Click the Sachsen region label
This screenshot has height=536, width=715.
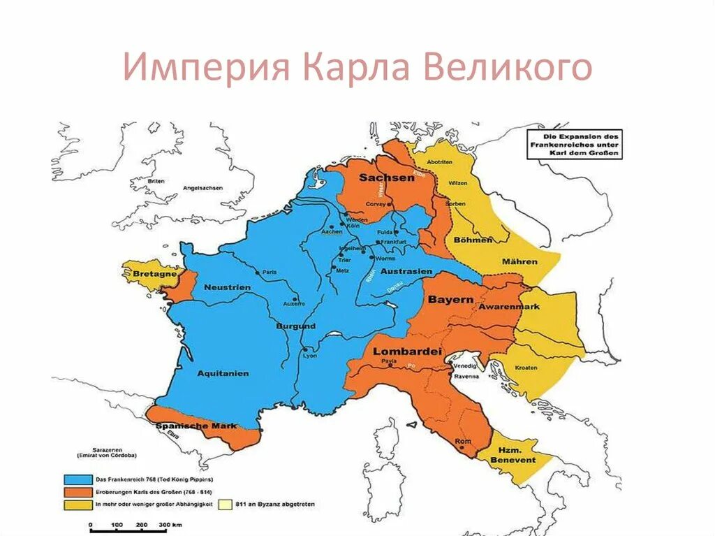pyautogui.click(x=387, y=178)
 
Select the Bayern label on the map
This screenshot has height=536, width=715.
pyautogui.click(x=446, y=299)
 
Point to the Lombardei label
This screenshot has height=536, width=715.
pyautogui.click(x=408, y=351)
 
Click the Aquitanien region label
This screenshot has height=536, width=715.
pyautogui.click(x=223, y=373)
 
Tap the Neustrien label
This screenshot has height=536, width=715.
pyautogui.click(x=227, y=287)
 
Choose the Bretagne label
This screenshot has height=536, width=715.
pyautogui.click(x=154, y=275)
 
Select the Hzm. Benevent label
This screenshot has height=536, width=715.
pyautogui.click(x=513, y=455)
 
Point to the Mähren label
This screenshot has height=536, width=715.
pyautogui.click(x=519, y=261)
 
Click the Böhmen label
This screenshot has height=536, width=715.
pyautogui.click(x=475, y=240)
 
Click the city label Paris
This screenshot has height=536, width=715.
pyautogui.click(x=270, y=272)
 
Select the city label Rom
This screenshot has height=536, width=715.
pyautogui.click(x=460, y=442)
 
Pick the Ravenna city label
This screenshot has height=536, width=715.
pyautogui.click(x=467, y=376)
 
